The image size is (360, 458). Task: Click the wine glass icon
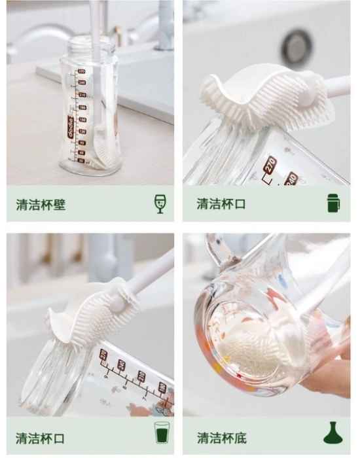point(160,204)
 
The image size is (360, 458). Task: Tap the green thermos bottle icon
point(334,203)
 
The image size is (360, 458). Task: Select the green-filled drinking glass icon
point(161,432)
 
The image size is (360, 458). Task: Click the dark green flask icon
point(333,432)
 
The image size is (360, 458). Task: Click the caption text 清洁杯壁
point(41,204)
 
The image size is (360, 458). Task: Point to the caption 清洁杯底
point(222,438)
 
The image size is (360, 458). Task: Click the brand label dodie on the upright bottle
point(71,126)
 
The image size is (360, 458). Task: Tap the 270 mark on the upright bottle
point(81,71)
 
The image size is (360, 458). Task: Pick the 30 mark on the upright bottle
point(81,161)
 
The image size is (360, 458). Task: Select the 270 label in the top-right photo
point(270,164)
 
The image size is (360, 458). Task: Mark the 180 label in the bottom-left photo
point(162,387)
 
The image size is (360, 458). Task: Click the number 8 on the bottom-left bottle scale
point(124,387)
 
